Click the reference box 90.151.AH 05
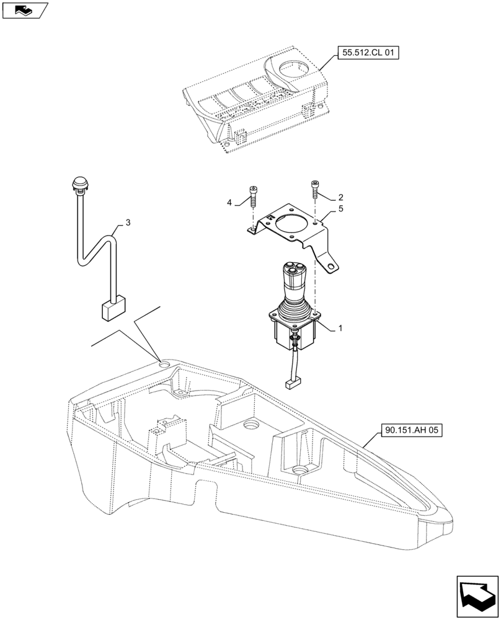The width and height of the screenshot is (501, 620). tap(410, 430)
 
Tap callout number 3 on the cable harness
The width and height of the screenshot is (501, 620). tap(128, 222)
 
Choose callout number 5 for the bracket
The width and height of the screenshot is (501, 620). tap(340, 211)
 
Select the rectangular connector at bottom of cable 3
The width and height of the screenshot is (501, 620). tap(113, 310)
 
